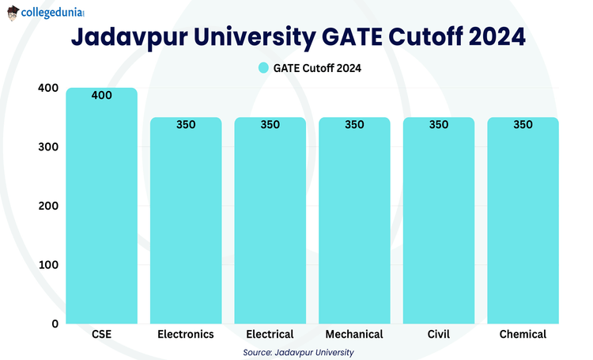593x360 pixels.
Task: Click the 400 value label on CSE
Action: tap(101, 96)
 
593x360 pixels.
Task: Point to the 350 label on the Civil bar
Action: tap(438, 125)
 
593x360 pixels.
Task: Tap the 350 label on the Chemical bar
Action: tap(523, 125)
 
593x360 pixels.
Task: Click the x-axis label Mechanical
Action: tap(354, 335)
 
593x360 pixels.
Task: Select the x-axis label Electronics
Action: tap(186, 335)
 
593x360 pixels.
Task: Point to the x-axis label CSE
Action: tap(101, 335)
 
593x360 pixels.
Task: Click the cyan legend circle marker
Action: tap(264, 68)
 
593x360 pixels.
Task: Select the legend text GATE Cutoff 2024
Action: tap(317, 68)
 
